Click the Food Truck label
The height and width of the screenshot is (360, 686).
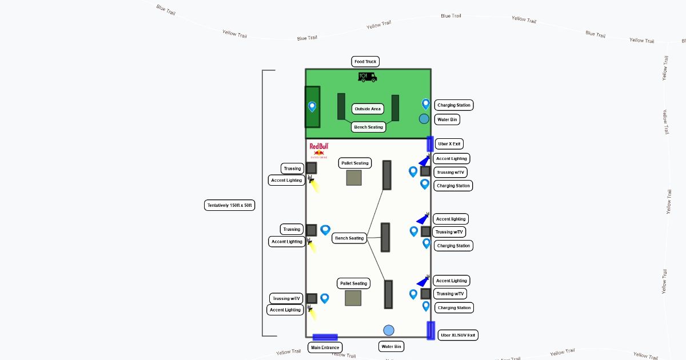[x=365, y=62]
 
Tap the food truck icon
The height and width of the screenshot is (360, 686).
[x=367, y=77]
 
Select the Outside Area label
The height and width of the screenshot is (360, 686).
[x=368, y=109]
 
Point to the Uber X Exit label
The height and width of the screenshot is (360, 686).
[x=449, y=144]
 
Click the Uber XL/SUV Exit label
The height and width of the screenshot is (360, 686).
[x=458, y=335]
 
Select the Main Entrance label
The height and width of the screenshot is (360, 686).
[x=325, y=347]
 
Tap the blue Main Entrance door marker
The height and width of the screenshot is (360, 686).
[x=325, y=337]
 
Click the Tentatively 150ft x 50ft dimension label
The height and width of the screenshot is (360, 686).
[x=229, y=205]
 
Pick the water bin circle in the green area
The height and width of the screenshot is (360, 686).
[x=424, y=119]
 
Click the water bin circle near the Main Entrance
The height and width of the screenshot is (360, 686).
[x=389, y=330]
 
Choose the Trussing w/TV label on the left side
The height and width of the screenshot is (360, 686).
[x=286, y=298]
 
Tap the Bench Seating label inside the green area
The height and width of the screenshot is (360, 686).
[x=368, y=127]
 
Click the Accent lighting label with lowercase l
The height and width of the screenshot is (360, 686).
[x=451, y=219]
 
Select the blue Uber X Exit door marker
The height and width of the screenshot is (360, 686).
[x=430, y=144]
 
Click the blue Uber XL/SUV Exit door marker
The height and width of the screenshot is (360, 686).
[x=430, y=330]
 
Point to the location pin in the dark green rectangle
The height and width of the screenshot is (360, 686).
[x=312, y=106]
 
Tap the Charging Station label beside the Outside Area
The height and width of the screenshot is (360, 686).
[x=454, y=105]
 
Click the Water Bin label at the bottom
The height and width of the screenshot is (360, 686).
[x=391, y=347]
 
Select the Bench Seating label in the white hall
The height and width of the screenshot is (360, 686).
[x=349, y=238]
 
